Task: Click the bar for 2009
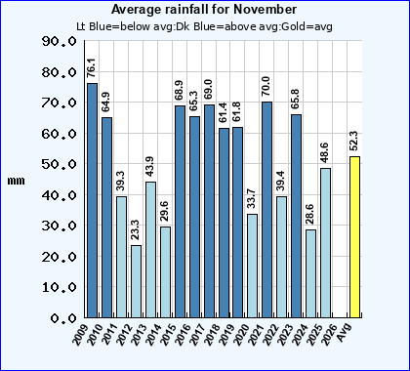point(92,200)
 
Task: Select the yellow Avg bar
point(354,237)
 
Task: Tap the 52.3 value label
point(354,141)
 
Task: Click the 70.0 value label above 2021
point(266,87)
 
